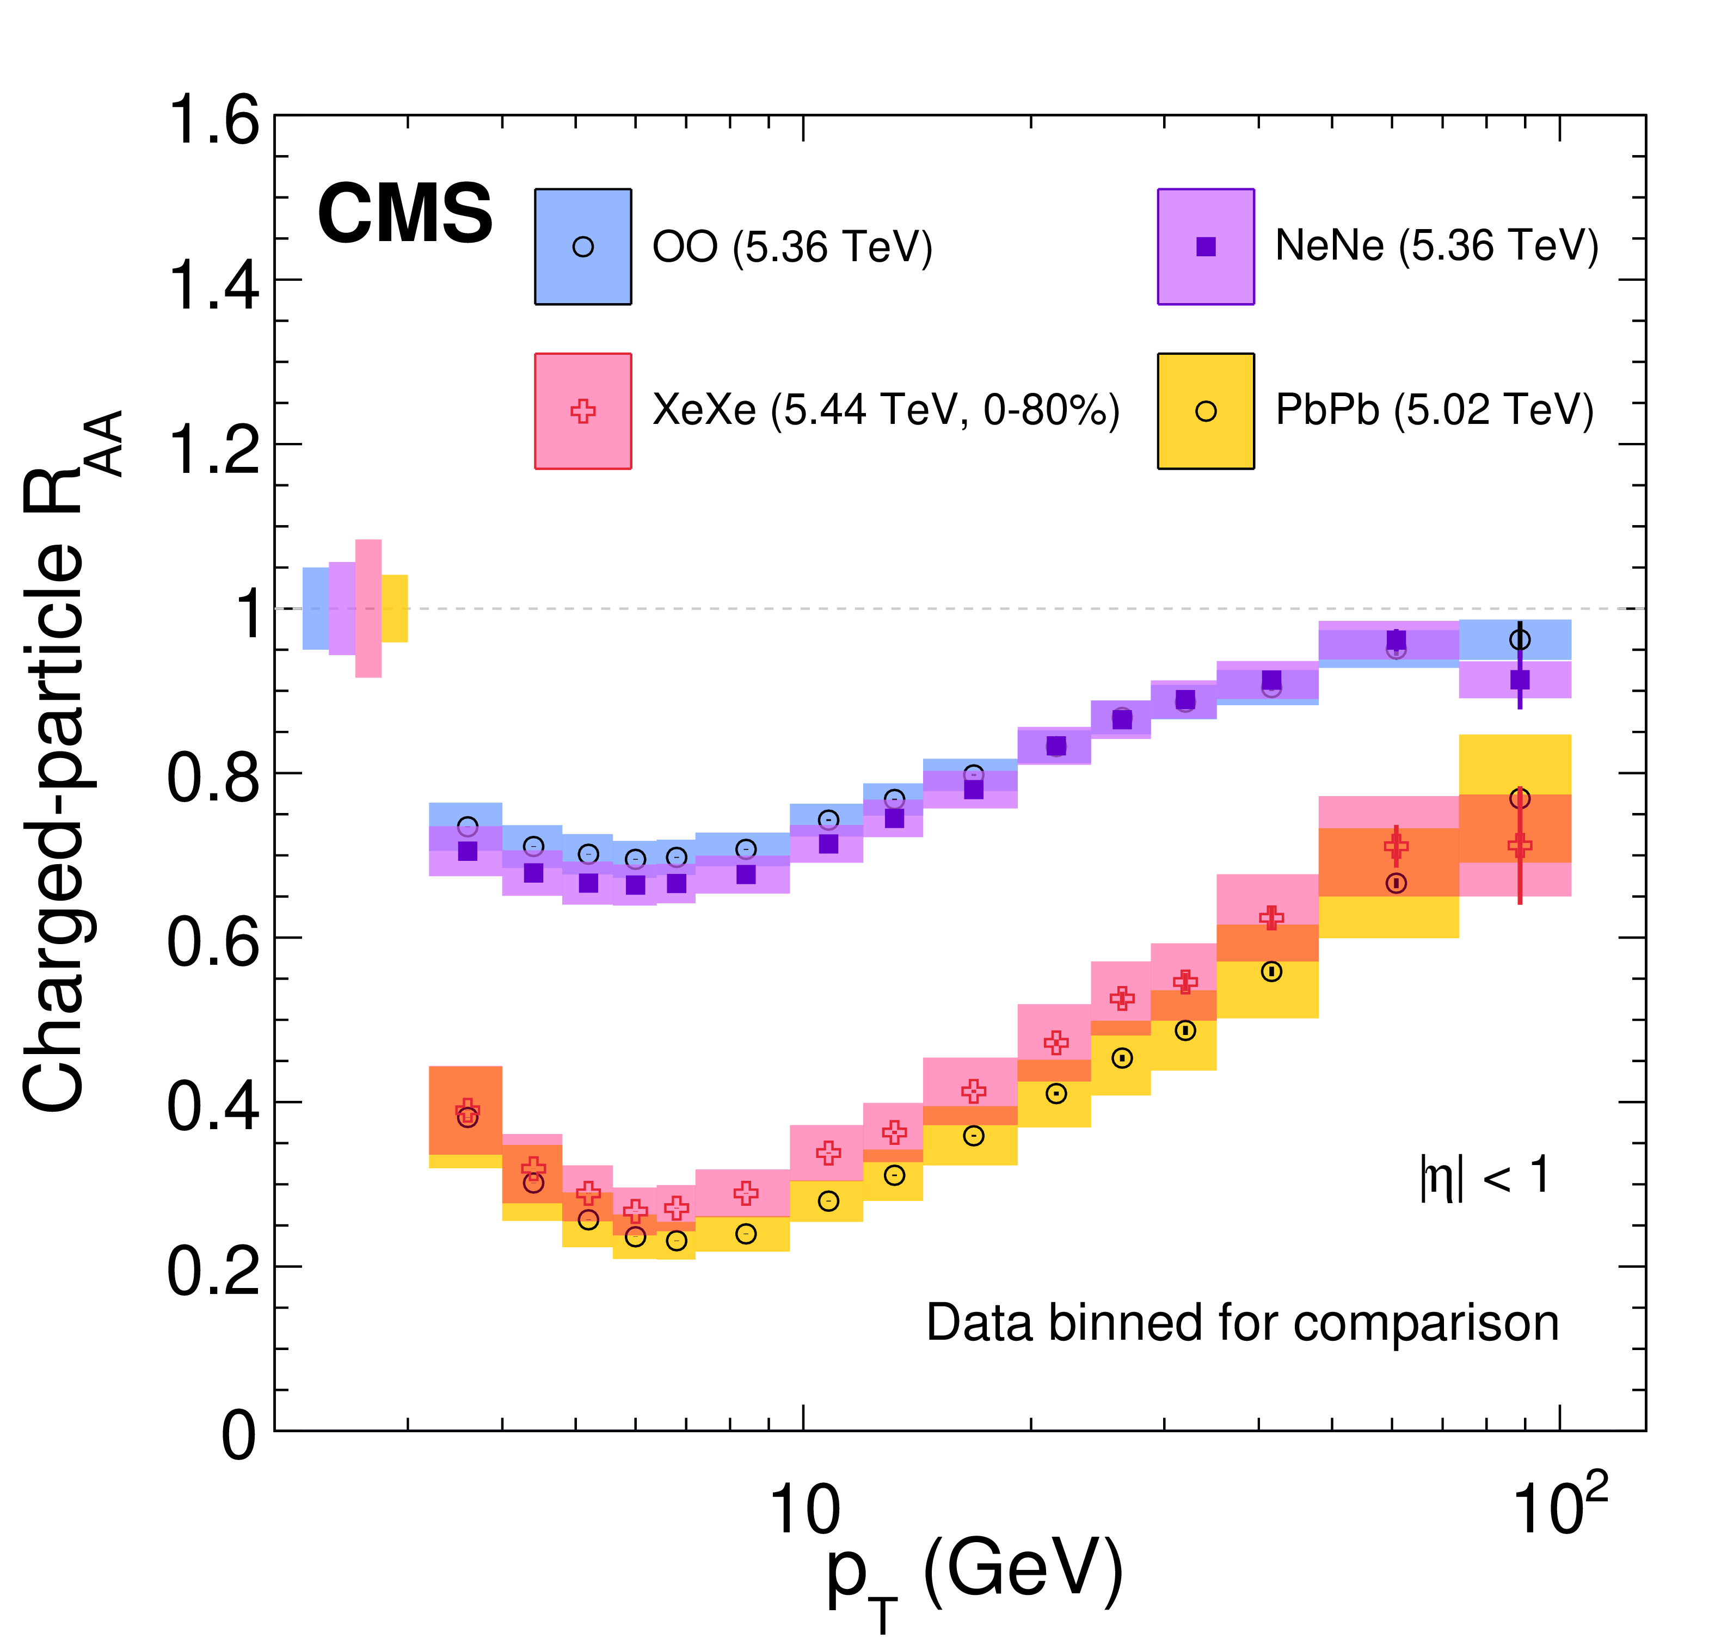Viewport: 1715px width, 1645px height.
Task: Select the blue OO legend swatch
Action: (583, 247)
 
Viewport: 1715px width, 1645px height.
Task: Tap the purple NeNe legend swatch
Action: (1206, 247)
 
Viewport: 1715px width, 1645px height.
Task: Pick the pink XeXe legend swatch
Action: (583, 411)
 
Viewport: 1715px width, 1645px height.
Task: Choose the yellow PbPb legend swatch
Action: (1206, 411)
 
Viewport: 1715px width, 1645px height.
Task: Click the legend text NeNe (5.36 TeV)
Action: (1436, 246)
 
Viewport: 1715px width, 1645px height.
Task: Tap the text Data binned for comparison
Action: (1243, 1323)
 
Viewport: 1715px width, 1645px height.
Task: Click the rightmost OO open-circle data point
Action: (1520, 640)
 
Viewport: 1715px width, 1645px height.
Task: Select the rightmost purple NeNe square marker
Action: (1520, 680)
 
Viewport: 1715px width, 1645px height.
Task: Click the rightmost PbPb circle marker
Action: (1520, 799)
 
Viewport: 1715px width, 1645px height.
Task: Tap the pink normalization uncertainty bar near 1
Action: (368, 608)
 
